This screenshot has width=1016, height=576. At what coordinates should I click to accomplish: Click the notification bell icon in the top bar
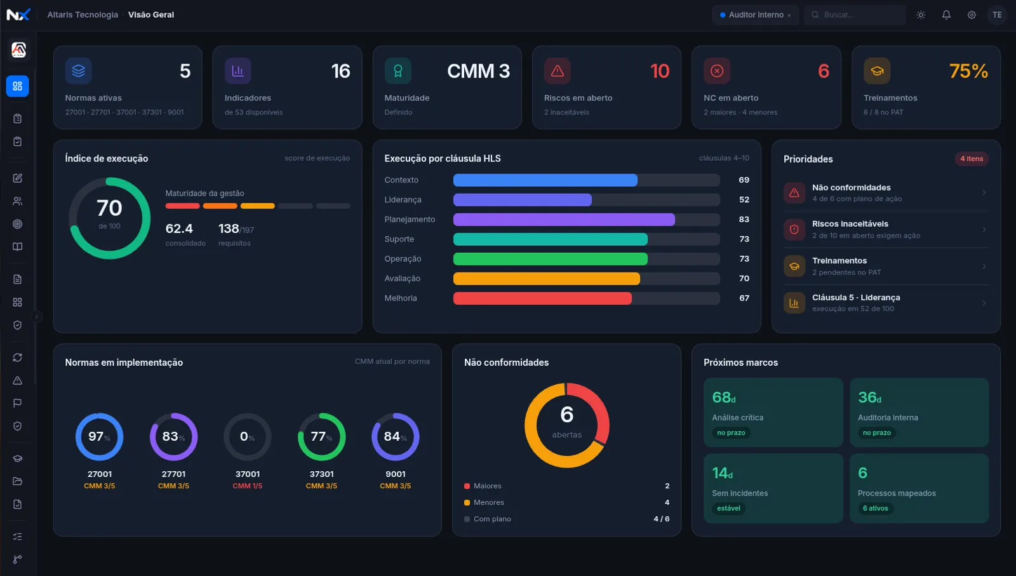[946, 15]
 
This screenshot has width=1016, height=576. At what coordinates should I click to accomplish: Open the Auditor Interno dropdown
[755, 15]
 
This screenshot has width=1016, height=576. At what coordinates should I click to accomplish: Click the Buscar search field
[855, 15]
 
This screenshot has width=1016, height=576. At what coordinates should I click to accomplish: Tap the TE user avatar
[997, 15]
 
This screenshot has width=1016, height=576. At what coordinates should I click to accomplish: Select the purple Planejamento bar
[564, 220]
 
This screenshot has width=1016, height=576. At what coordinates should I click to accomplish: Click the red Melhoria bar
[542, 298]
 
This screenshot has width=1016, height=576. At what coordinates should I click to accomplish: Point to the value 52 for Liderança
[744, 199]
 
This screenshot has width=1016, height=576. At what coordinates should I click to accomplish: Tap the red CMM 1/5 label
[247, 486]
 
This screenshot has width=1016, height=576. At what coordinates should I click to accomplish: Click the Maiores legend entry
[483, 486]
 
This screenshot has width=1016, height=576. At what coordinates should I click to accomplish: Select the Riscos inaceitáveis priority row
[885, 229]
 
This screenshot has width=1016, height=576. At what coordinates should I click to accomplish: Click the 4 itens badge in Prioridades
[972, 159]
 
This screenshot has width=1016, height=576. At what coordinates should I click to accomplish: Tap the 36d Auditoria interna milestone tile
[919, 412]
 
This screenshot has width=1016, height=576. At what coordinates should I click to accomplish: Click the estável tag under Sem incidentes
[728, 509]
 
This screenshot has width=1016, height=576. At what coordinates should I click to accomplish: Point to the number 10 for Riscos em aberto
[660, 71]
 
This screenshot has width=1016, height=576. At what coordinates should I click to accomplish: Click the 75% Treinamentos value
[968, 71]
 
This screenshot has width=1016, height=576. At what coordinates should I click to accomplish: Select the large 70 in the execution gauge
[109, 208]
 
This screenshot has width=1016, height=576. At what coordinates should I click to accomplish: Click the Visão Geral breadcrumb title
[151, 15]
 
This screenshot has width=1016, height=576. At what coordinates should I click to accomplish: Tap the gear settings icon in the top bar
[972, 15]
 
